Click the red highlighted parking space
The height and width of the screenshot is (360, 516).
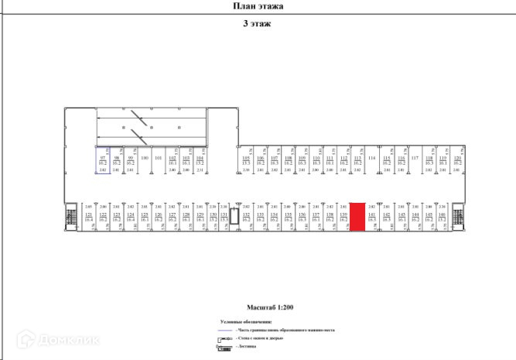point(358,217)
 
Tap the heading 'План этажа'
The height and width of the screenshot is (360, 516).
point(258,6)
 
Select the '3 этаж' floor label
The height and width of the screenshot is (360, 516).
point(258,23)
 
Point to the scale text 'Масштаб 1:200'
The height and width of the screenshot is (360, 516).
point(258,307)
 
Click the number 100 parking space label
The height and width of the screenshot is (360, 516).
point(144,159)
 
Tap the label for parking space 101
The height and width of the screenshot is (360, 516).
point(158,159)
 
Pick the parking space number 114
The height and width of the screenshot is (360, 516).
point(372,159)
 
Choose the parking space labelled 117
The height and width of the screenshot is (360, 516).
point(415,159)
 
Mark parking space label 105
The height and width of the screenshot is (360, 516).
point(246,159)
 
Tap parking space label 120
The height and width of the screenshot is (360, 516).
point(457,159)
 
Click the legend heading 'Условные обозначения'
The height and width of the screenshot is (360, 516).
point(246,321)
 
